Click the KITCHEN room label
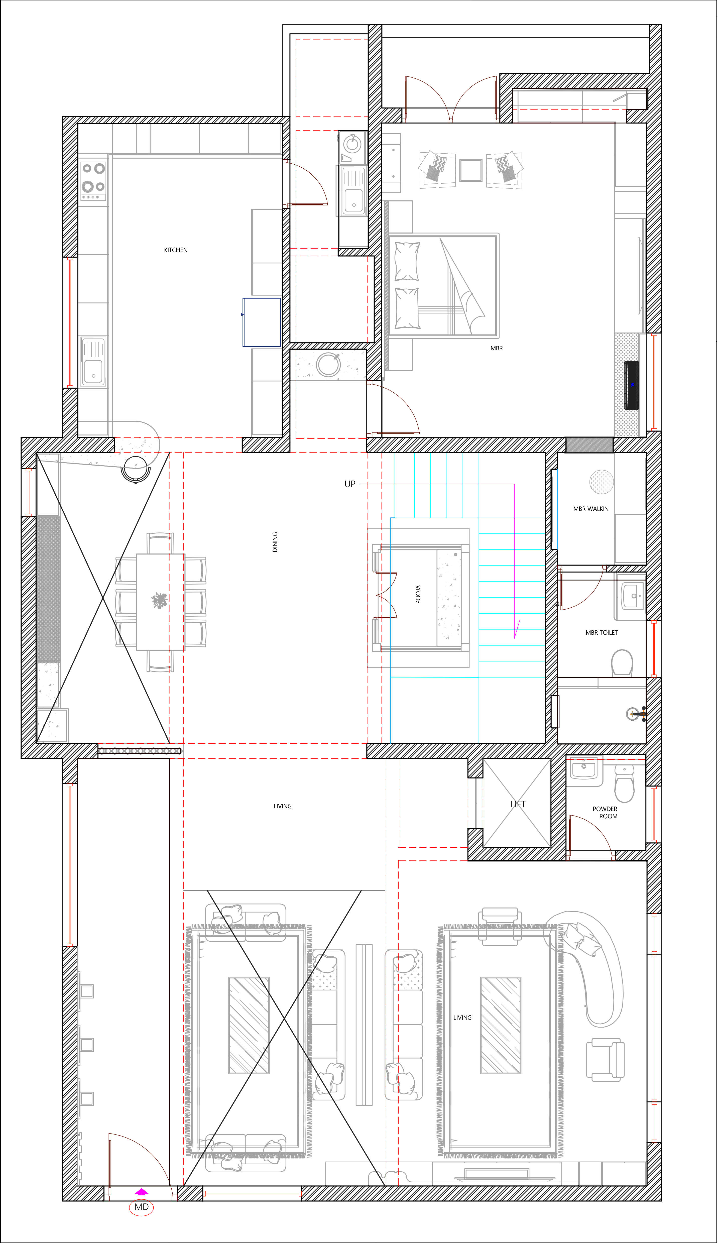(176, 250)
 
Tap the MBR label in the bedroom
(497, 348)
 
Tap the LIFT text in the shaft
(518, 804)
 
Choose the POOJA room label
(418, 594)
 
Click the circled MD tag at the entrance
(142, 1207)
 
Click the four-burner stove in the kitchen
(93, 180)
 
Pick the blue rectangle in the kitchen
(261, 322)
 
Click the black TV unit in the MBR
(632, 385)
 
